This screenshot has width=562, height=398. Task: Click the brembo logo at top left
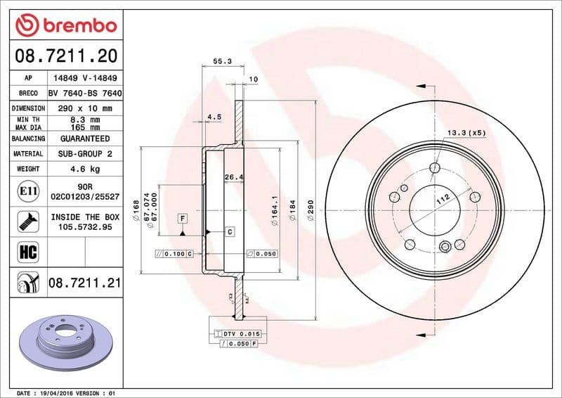click(x=65, y=26)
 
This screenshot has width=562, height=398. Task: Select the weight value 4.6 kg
click(x=85, y=169)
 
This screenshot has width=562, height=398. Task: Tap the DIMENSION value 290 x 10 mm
click(x=85, y=108)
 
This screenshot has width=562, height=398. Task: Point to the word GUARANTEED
click(x=85, y=139)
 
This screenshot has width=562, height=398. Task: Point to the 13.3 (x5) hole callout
click(x=466, y=132)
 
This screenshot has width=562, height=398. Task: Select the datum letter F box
click(x=183, y=219)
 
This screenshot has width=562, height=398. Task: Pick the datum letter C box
click(x=229, y=231)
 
